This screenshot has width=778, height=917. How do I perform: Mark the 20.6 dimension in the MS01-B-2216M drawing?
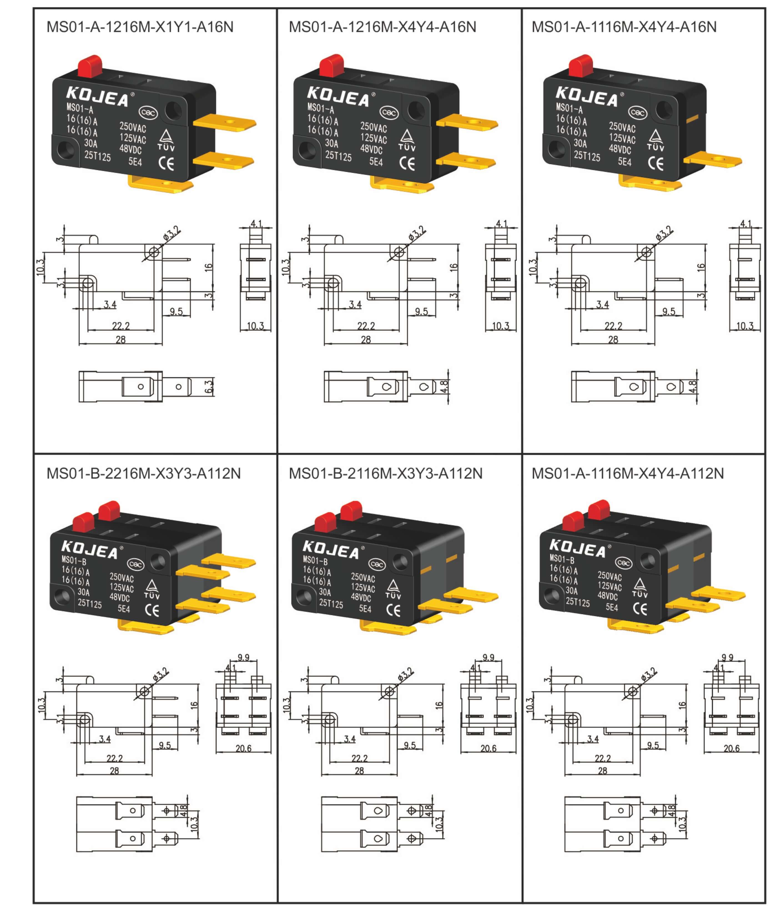pyautogui.click(x=243, y=748)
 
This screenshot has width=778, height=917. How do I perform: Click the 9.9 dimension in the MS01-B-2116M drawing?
pyautogui.click(x=488, y=657)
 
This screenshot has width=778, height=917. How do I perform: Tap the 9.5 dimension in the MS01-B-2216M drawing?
pyautogui.click(x=165, y=745)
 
